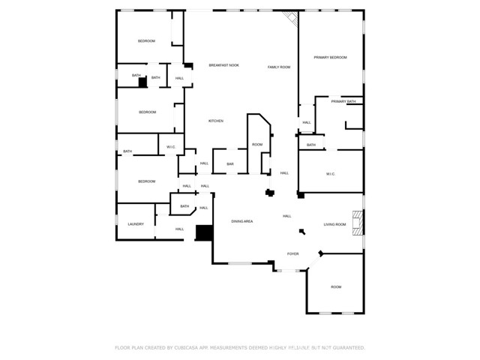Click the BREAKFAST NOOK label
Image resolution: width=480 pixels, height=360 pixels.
[223, 66]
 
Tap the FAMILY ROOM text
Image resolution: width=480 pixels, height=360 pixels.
[279, 67]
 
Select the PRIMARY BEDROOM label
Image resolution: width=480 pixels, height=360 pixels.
[330, 58]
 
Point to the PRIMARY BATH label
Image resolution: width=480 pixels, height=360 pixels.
[343, 101]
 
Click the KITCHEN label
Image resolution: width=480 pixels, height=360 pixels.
[216, 121]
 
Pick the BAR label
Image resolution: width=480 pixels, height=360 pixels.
[230, 163]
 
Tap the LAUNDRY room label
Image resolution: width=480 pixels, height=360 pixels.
[136, 224]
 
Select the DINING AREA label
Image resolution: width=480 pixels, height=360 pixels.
[241, 221]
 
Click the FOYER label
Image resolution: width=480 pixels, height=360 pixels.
[292, 254]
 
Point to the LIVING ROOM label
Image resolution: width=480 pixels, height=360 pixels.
[334, 224]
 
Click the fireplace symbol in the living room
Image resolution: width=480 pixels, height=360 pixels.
[359, 223]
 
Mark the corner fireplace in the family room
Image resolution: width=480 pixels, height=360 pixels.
[291, 19]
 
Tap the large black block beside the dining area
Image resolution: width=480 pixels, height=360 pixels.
[203, 232]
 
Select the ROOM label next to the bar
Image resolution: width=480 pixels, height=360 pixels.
[257, 145]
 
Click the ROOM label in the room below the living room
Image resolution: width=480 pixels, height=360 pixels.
[336, 287]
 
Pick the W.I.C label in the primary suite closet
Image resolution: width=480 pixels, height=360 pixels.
[330, 174]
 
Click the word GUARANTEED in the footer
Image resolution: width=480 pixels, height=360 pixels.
[346, 348]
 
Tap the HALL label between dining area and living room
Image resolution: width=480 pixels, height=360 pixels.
[286, 216]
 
